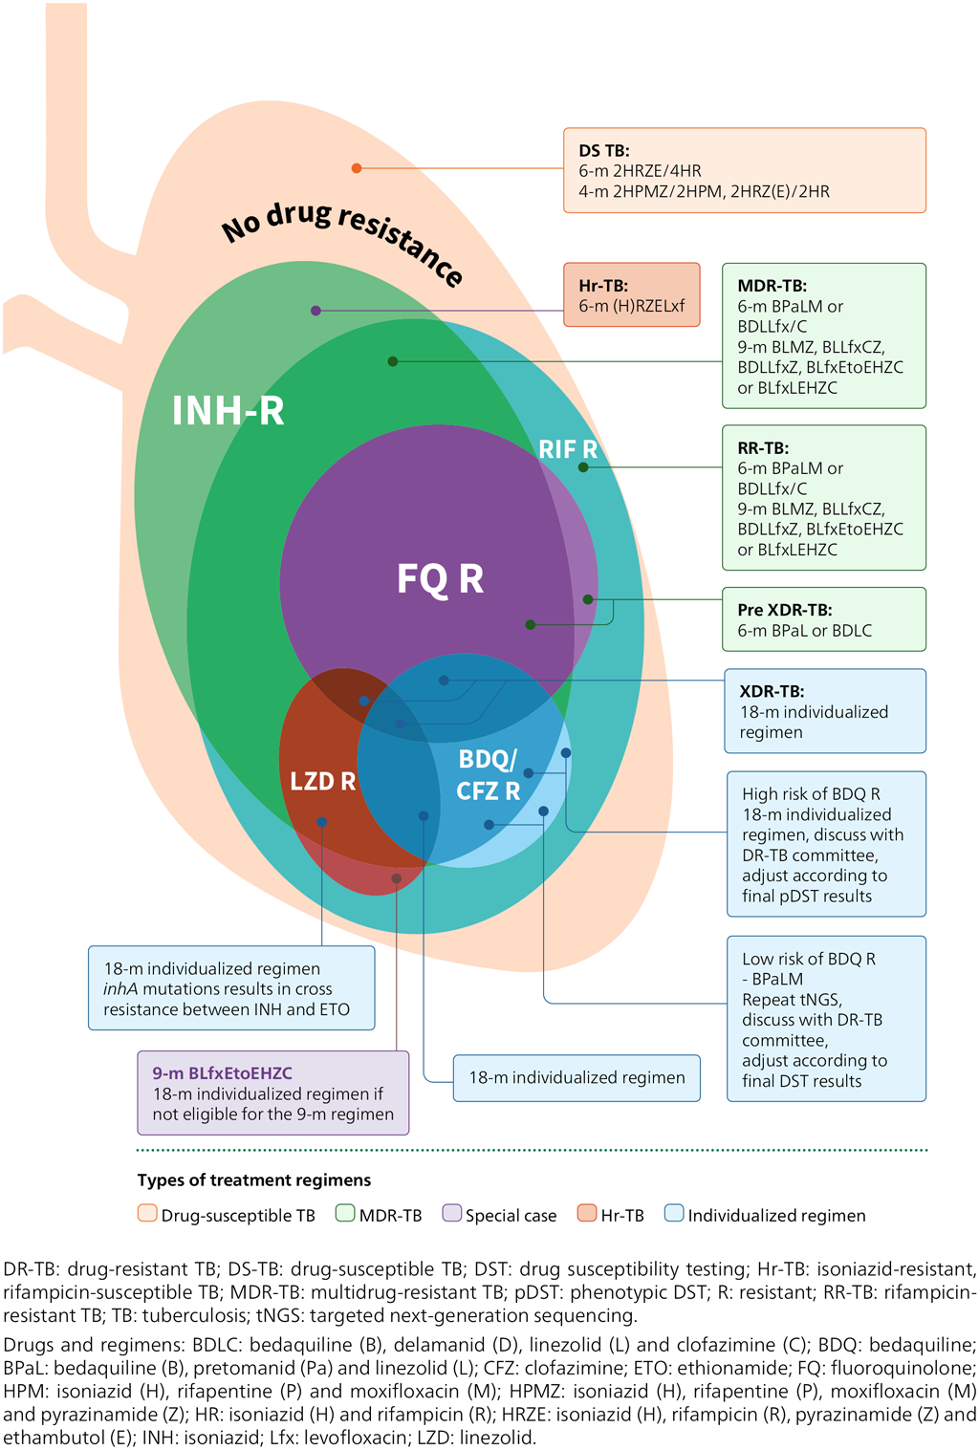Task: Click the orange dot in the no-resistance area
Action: (x=357, y=168)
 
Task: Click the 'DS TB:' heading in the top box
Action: (x=603, y=150)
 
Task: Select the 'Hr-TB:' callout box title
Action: (x=602, y=286)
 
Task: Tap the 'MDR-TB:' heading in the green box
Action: (x=772, y=286)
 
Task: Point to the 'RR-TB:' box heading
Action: (x=763, y=447)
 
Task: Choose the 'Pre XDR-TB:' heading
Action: (x=784, y=610)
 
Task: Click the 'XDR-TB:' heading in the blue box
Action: (x=772, y=691)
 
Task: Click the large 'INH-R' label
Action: (x=228, y=411)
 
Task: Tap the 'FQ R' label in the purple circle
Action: (x=440, y=579)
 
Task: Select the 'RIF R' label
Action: (x=568, y=449)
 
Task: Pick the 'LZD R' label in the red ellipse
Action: (x=322, y=782)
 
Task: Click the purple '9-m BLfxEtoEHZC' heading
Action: (x=222, y=1073)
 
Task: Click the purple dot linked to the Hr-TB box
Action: (x=315, y=311)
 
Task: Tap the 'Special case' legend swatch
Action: (x=452, y=1214)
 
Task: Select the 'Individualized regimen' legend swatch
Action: (x=674, y=1214)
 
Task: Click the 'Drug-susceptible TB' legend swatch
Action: (x=147, y=1214)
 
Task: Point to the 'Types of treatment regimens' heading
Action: (x=253, y=1180)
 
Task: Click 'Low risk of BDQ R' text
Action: (x=808, y=959)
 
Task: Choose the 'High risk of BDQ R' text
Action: (x=811, y=794)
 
